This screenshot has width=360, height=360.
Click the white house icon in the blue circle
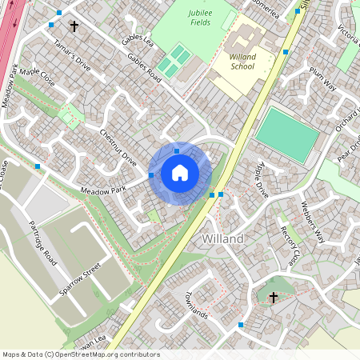pyautogui.click(x=180, y=172)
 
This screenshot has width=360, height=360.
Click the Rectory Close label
pyautogui.click(x=290, y=246)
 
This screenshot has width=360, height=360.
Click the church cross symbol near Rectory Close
pyautogui.click(x=273, y=297)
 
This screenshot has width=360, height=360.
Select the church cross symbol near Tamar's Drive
pyautogui.click(x=74, y=26)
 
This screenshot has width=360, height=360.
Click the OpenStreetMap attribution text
pyautogui.click(x=81, y=354)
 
